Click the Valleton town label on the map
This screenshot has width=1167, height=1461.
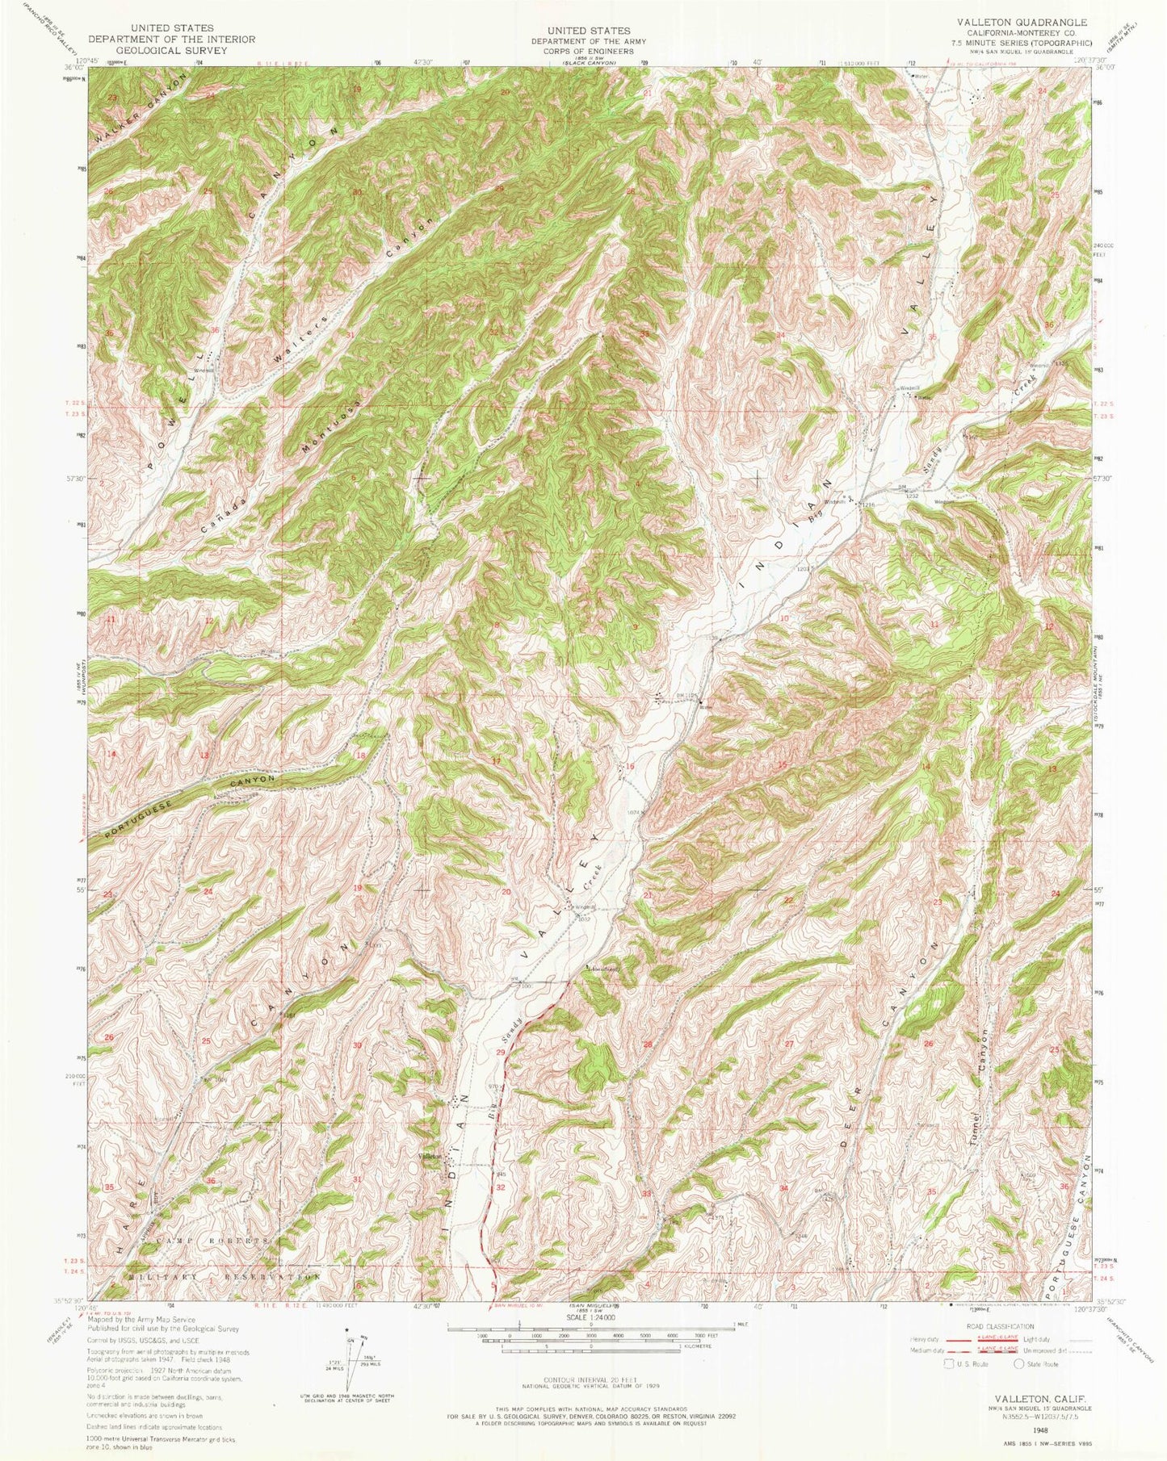(430, 1156)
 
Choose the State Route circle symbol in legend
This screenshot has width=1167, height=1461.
(1019, 1363)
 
